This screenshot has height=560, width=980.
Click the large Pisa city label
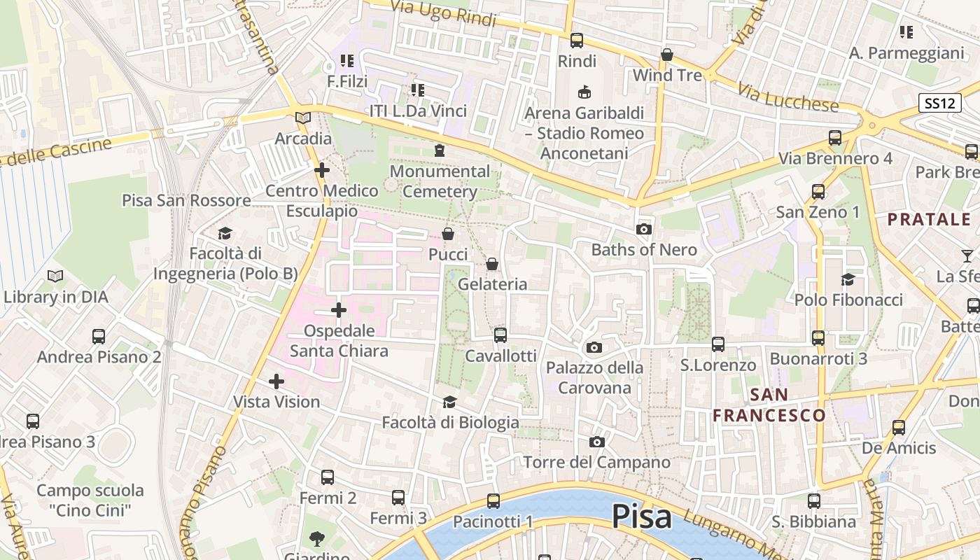pos(642,517)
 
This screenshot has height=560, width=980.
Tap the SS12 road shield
pos(938,103)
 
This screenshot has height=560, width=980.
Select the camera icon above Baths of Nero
pos(643,229)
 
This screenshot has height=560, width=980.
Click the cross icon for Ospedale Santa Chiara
pos(339,309)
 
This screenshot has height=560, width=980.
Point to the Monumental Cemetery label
pos(440,181)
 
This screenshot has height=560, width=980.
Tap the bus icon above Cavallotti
pos(500,335)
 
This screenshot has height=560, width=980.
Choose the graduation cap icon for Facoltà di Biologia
pos(449,402)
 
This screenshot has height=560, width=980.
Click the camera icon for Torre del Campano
pos(596,442)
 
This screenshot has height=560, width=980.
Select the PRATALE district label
pos(929,219)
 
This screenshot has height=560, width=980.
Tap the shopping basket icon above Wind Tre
pos(667,55)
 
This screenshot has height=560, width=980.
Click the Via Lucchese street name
pos(787,96)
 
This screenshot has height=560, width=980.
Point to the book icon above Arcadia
pos(303,118)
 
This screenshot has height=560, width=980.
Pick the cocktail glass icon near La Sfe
pos(967,255)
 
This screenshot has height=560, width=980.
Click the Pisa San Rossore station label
pos(186,200)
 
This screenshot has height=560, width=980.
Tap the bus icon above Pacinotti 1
pos(493,500)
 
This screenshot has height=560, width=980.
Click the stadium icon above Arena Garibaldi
pos(584,92)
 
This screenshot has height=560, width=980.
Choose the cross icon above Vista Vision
pos(276,381)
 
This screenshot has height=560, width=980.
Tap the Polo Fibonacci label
pos(848,300)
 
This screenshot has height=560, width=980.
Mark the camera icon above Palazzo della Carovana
pos(594,347)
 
